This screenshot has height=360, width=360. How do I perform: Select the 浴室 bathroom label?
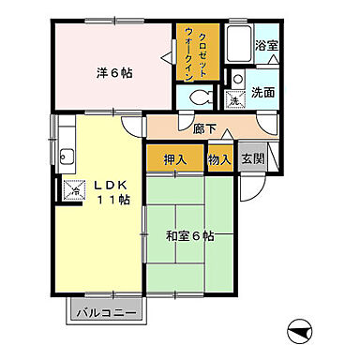pyautogui.click(x=267, y=44)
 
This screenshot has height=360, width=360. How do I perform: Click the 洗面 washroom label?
pyautogui.click(x=262, y=94)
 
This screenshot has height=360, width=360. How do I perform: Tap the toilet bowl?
pyautogui.click(x=198, y=97)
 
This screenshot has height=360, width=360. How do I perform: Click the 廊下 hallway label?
pyautogui.click(x=205, y=129)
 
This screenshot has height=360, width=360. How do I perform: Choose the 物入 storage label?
pyautogui.click(x=219, y=158)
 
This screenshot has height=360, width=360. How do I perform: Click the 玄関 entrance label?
pyautogui.click(x=252, y=158)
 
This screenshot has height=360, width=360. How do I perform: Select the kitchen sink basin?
pyautogui.click(x=67, y=157)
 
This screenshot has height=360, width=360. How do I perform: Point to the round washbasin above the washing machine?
pyautogui.click(x=237, y=80)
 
